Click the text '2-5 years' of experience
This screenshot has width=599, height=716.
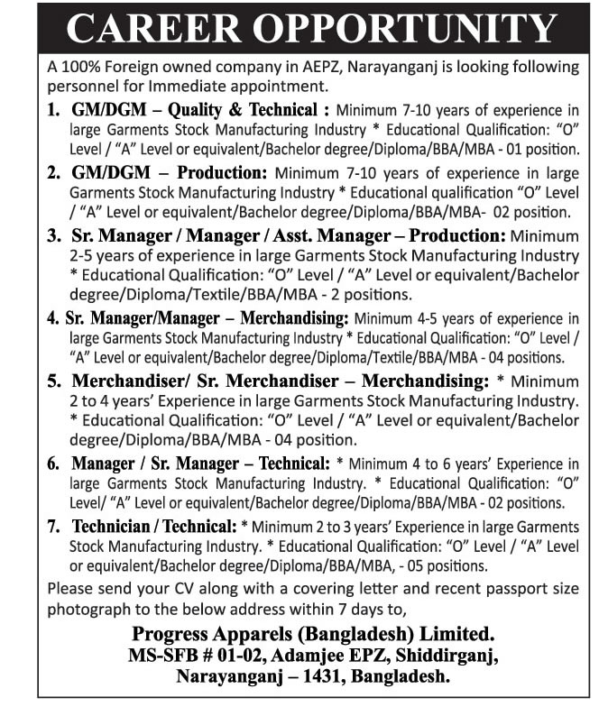[x=100, y=257]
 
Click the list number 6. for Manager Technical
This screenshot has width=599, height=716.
[x=53, y=464]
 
